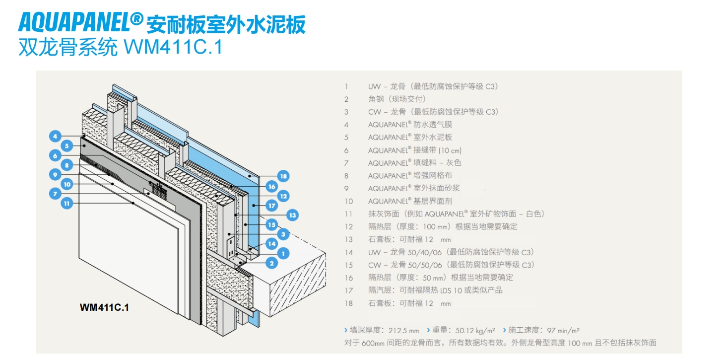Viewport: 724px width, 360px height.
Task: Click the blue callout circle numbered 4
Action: (55, 136)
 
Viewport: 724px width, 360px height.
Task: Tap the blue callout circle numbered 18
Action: (283, 176)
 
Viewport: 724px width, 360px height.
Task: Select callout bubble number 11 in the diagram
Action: (67, 203)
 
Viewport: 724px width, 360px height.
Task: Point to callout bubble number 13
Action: (292, 215)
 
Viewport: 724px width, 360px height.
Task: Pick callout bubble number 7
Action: (55, 194)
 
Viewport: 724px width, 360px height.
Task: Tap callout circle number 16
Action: (271, 186)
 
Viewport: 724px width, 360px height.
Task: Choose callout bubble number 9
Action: (55, 174)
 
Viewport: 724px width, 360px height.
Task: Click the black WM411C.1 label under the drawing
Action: (104, 308)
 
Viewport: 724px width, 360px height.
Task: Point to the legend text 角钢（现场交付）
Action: (396, 99)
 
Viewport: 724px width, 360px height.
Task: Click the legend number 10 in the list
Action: (348, 201)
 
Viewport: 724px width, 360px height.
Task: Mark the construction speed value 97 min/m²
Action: (563, 330)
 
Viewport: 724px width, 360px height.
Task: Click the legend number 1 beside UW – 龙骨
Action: (346, 86)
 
